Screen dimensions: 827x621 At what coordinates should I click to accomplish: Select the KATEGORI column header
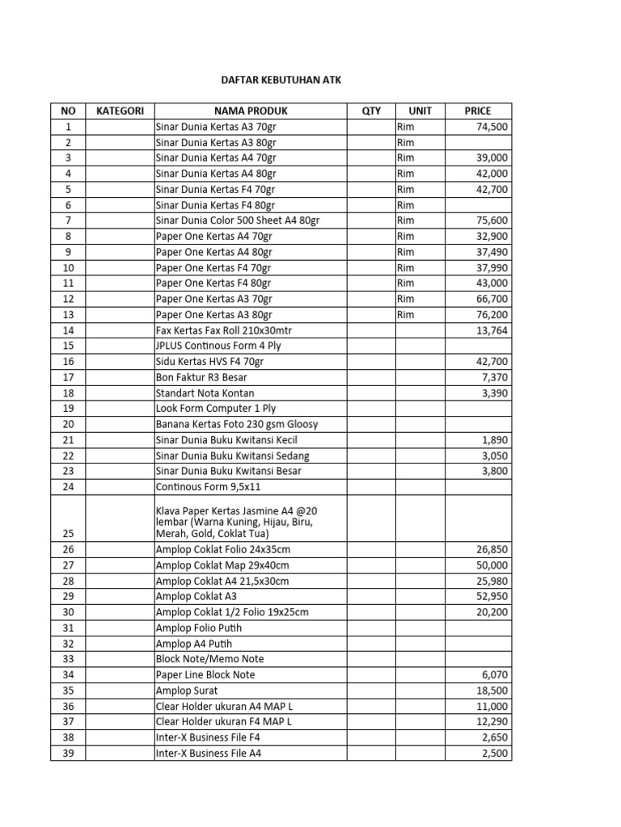[120, 111]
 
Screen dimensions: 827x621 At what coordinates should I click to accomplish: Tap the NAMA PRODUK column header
[251, 111]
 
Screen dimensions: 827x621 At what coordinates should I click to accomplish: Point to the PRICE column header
[477, 111]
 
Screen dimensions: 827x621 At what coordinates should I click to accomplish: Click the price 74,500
[492, 127]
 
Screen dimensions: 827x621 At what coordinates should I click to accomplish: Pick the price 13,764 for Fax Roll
[492, 330]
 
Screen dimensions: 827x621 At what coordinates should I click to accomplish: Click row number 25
[68, 534]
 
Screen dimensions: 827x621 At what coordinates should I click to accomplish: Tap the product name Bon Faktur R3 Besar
[201, 377]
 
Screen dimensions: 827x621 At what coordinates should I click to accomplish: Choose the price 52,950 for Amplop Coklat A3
[492, 596]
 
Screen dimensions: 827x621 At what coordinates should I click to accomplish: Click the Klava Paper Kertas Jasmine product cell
[234, 522]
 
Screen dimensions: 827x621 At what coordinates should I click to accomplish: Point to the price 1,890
[495, 439]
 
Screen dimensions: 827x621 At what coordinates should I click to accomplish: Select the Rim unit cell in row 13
[405, 314]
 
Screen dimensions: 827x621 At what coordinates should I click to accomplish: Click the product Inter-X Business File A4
[209, 753]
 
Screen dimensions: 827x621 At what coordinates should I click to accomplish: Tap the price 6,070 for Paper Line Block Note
[495, 674]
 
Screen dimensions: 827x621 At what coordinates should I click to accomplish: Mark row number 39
[68, 753]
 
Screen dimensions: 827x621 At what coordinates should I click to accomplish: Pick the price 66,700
[492, 299]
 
